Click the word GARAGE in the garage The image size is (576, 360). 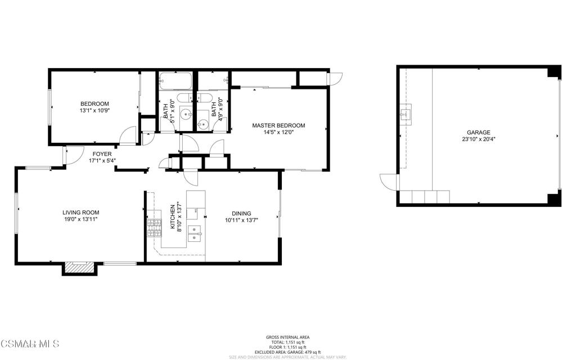[478, 133]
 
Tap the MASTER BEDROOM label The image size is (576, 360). [278, 125]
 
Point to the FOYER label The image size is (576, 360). [102, 154]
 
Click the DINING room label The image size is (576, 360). [241, 213]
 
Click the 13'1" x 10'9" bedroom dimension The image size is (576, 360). [94, 111]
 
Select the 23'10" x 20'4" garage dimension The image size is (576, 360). [478, 140]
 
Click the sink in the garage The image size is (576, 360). [404, 114]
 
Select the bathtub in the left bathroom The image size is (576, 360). [175, 82]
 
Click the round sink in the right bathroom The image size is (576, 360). [202, 124]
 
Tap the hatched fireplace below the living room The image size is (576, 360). [75, 268]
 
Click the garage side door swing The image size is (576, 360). [388, 182]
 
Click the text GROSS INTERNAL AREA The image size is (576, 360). [287, 337]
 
